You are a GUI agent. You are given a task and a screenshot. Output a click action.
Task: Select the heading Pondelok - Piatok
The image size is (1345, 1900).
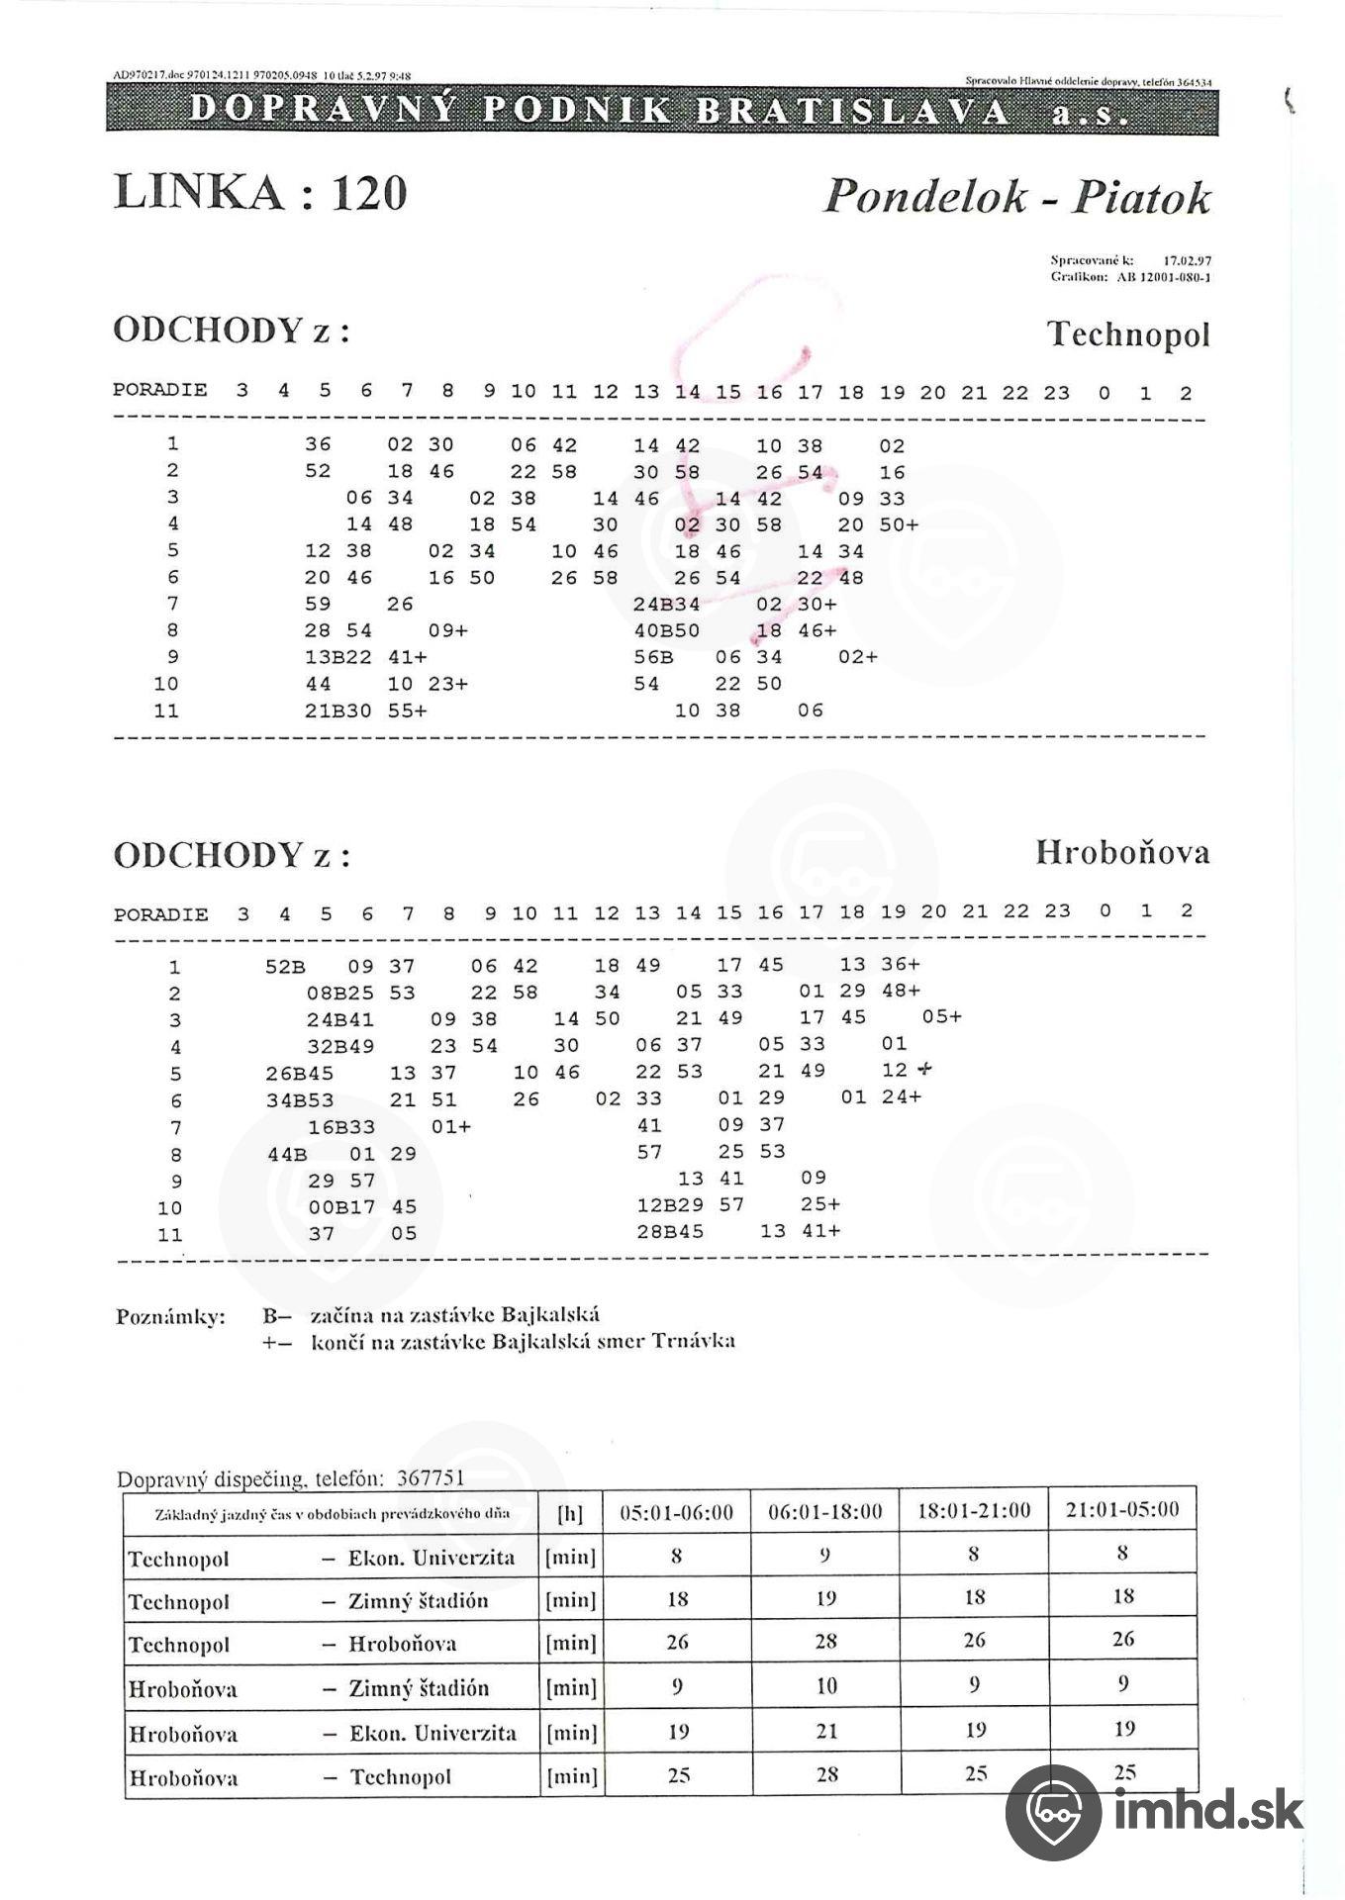[x=1016, y=196]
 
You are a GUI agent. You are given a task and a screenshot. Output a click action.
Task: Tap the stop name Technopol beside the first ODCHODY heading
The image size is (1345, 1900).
[x=1128, y=334]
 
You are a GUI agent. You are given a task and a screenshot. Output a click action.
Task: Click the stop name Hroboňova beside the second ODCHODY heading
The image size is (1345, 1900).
[x=1122, y=852]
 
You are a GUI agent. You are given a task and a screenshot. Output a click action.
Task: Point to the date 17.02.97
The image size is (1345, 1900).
[x=1188, y=261]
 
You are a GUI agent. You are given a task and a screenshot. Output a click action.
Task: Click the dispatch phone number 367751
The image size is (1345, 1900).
[x=430, y=1479]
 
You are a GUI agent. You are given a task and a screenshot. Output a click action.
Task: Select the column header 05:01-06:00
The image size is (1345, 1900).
[x=677, y=1512]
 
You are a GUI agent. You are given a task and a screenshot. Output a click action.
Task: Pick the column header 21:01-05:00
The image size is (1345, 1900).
[x=1122, y=1509]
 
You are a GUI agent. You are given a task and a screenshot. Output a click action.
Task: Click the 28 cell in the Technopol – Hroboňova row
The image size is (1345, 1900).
[x=826, y=1642]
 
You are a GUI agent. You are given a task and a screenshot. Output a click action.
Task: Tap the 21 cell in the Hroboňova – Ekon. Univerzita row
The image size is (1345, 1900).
[x=826, y=1731]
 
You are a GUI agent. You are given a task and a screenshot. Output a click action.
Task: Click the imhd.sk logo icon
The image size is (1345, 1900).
[x=1053, y=1812]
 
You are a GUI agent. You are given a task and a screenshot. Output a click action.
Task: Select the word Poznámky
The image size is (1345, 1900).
[x=170, y=1317]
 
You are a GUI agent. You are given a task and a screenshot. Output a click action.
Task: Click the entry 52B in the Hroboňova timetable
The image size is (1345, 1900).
[x=285, y=966]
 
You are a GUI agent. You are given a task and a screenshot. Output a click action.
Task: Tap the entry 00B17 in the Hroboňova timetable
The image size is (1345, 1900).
[x=341, y=1207]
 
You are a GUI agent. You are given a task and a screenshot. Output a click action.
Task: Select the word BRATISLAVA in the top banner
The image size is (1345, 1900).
[x=852, y=112]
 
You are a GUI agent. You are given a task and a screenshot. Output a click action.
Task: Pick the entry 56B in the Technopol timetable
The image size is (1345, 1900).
[x=653, y=657]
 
